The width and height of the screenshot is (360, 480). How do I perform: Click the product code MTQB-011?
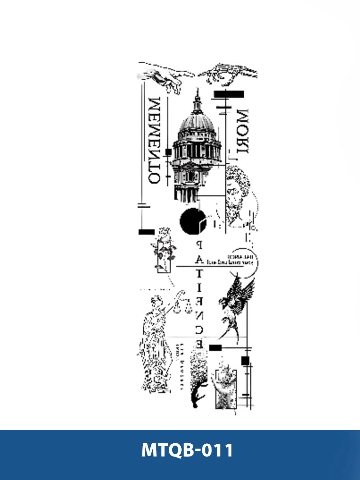click(187, 450)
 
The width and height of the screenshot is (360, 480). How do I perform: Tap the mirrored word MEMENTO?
click(155, 140)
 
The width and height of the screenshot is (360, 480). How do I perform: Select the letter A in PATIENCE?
click(199, 260)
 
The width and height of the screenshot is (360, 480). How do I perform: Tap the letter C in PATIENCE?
click(199, 330)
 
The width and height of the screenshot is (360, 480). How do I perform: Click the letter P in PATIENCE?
click(199, 246)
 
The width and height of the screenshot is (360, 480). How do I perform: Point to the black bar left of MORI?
click(229, 94)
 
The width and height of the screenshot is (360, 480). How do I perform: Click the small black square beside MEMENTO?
click(168, 152)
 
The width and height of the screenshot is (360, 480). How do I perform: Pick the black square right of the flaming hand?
click(245, 361)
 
